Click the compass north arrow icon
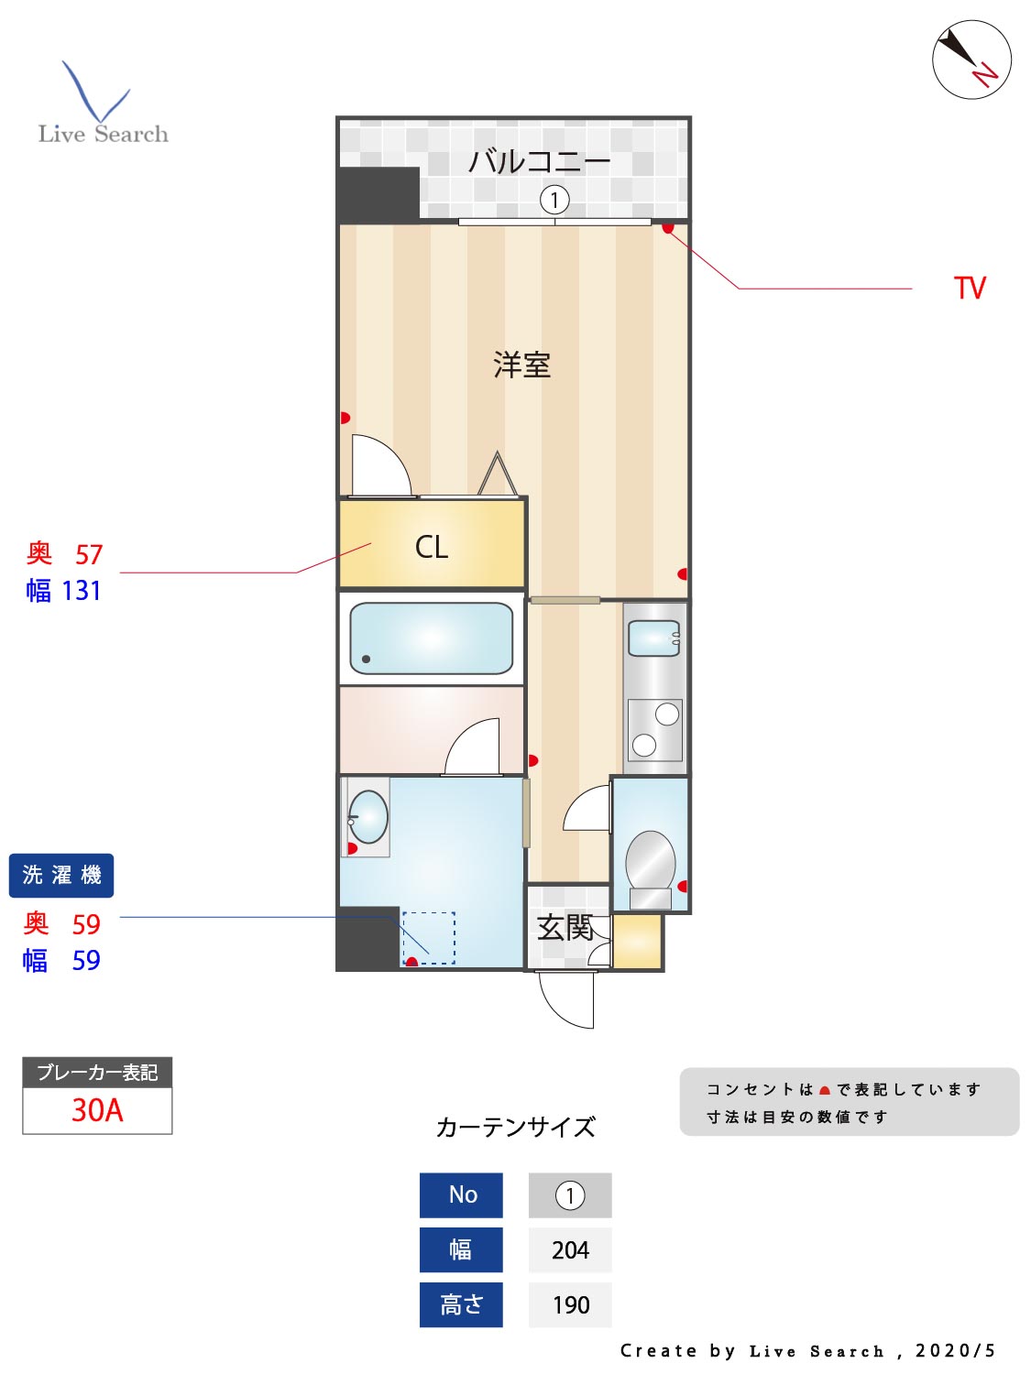tap(971, 60)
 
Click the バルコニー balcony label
tap(539, 162)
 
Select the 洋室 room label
tap(521, 365)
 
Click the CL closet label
tap(432, 547)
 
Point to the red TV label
tap(969, 289)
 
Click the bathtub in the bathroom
tap(431, 638)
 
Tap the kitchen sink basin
tap(653, 638)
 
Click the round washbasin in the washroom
tap(368, 816)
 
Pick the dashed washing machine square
tap(429, 937)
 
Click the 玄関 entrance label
tap(565, 928)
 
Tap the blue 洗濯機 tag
tap(61, 876)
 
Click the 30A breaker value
tap(97, 1110)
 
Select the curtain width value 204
tap(570, 1250)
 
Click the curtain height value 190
tap(570, 1305)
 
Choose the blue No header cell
tap(462, 1195)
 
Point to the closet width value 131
tap(82, 591)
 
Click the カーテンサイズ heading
tap(516, 1127)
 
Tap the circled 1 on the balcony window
tap(554, 199)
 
